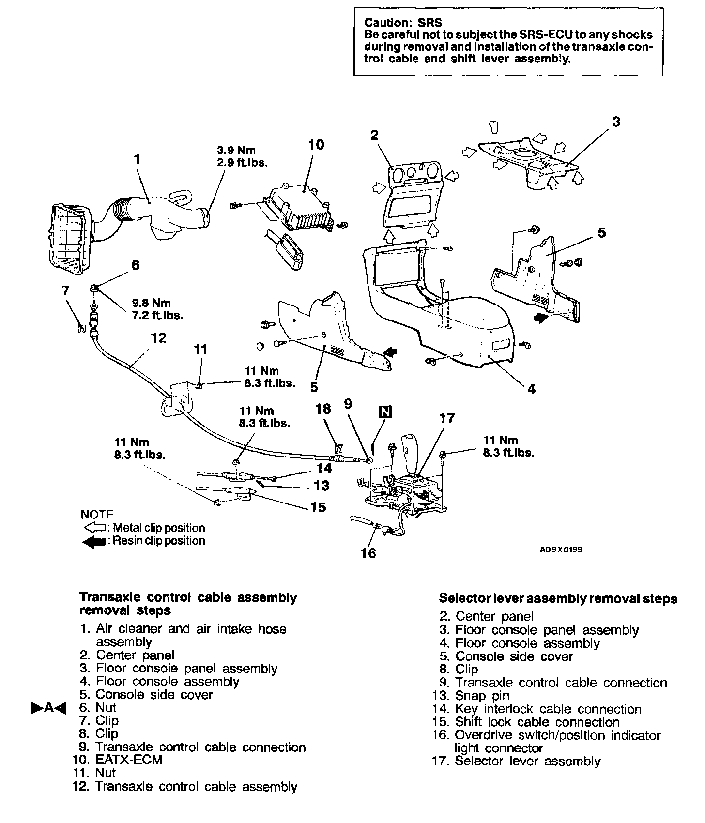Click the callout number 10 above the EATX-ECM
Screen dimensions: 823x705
(316, 144)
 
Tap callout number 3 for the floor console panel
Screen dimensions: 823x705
(616, 122)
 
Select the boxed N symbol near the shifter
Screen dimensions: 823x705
(385, 411)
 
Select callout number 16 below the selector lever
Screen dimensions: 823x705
(368, 552)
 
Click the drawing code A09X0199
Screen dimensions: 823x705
(561, 550)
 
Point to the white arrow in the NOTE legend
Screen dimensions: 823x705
(94, 528)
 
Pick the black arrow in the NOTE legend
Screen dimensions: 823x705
(94, 541)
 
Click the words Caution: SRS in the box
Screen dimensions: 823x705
(403, 22)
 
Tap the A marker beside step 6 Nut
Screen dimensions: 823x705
(48, 708)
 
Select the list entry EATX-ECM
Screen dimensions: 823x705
(129, 760)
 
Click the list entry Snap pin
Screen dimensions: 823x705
(482, 696)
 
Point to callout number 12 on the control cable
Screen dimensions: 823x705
(158, 337)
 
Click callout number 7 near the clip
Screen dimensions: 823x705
(65, 291)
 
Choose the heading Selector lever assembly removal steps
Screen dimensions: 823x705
(558, 598)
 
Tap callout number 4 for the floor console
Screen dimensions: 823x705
(531, 388)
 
